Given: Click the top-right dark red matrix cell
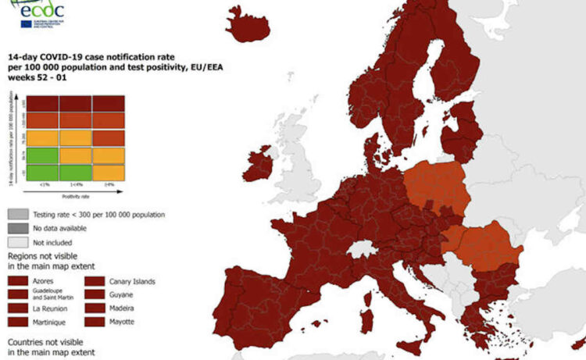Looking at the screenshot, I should point(109,104).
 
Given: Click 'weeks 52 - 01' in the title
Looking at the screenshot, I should point(34,84).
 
